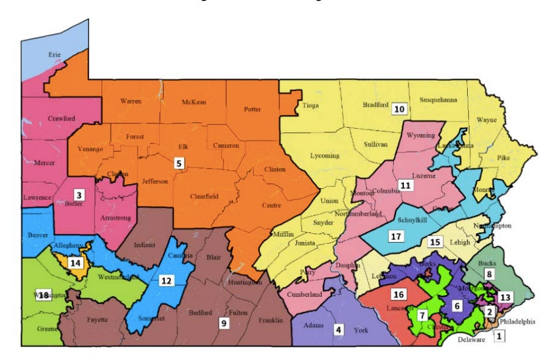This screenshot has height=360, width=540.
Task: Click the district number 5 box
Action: [178, 163]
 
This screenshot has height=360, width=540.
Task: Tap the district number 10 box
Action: [399, 109]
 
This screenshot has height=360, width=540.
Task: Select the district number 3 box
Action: [78, 194]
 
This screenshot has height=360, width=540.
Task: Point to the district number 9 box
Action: [223, 323]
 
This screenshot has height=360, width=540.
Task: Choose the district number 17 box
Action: [396, 235]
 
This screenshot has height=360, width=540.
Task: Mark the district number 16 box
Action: [398, 294]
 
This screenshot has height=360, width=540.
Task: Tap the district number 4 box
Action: [339, 329]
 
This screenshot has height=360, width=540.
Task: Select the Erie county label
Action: [55, 55]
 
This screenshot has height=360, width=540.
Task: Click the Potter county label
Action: [253, 110]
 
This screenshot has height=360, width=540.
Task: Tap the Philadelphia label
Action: [515, 321]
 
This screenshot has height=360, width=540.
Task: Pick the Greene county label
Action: [46, 329]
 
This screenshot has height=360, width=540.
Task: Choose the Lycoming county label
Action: [324, 155]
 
